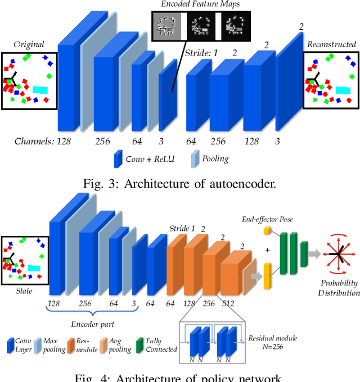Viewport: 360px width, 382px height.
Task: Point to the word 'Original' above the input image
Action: click(28, 44)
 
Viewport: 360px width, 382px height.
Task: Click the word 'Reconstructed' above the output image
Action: click(331, 44)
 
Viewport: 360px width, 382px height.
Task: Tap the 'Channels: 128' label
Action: click(43, 141)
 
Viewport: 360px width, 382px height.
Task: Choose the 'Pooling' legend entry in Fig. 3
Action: click(215, 158)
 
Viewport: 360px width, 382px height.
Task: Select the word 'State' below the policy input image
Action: click(24, 291)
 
